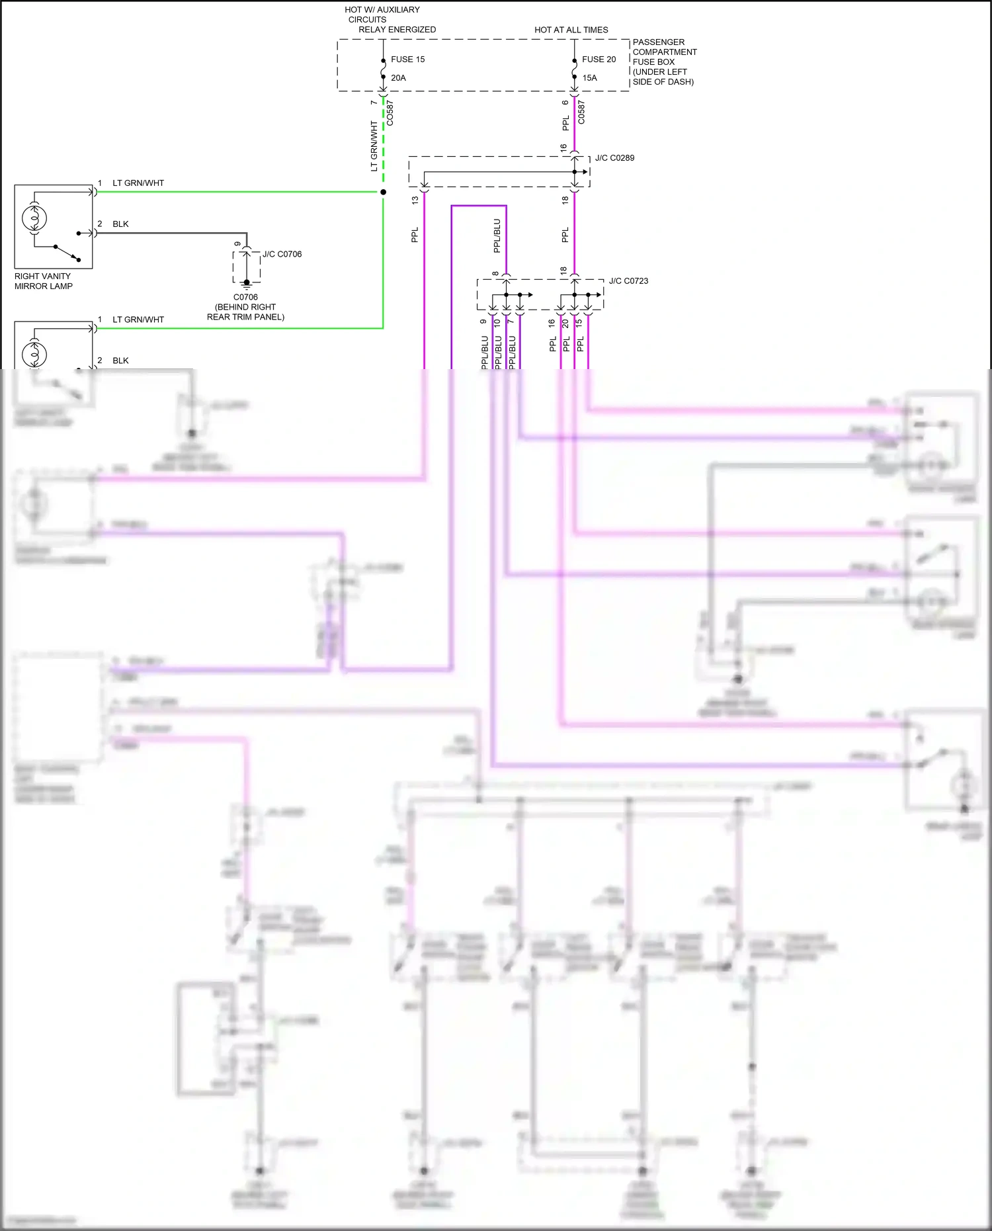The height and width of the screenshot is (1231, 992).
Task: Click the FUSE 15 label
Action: (x=407, y=60)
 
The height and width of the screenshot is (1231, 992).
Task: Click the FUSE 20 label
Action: (x=599, y=60)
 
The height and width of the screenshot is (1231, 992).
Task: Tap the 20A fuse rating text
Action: (x=398, y=78)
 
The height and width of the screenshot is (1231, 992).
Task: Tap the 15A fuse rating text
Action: (x=589, y=78)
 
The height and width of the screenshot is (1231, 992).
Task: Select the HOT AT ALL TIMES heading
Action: (x=571, y=30)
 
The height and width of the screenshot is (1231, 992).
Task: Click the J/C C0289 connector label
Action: (x=614, y=158)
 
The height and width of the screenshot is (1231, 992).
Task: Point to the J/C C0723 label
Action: (x=628, y=281)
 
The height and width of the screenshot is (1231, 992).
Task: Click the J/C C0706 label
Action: (x=282, y=254)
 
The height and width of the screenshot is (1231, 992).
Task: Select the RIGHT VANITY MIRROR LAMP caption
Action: (x=43, y=281)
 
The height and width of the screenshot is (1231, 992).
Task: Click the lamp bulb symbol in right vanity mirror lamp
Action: (x=34, y=218)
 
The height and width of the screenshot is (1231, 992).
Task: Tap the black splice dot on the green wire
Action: (x=383, y=192)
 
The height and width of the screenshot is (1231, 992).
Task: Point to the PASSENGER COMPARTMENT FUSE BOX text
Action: (x=664, y=62)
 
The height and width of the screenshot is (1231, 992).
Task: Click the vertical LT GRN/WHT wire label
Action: (x=374, y=146)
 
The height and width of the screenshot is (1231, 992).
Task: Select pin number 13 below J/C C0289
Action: (x=415, y=200)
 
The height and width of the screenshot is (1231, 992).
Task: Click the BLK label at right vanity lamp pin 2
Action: (x=120, y=224)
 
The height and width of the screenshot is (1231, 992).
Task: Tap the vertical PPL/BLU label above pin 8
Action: (x=497, y=236)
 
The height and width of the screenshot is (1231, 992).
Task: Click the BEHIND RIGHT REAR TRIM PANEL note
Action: (x=245, y=312)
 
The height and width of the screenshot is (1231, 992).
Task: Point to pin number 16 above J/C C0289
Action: (x=563, y=148)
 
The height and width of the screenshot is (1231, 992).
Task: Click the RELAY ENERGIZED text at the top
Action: (x=397, y=30)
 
